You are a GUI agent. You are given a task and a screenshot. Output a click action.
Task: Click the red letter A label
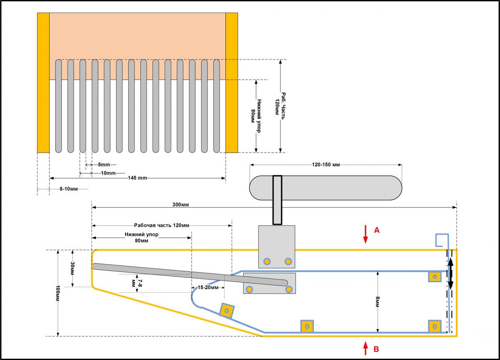[x=377, y=230]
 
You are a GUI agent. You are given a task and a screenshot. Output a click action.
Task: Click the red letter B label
[x=377, y=349]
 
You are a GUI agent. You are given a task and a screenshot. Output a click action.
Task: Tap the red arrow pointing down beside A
[x=365, y=234]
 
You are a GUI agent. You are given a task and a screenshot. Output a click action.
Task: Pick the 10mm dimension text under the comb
[x=108, y=172]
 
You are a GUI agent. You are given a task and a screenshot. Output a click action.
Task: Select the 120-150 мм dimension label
[x=326, y=165]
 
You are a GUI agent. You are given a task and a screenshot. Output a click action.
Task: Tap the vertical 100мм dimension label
[x=58, y=293]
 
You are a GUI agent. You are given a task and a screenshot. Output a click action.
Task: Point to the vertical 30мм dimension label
[x=72, y=268]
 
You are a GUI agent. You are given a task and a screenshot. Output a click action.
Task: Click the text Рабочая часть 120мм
[x=162, y=224]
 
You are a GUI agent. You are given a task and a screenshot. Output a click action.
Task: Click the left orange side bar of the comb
[x=43, y=82]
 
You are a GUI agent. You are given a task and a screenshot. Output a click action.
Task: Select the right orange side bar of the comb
[x=232, y=82]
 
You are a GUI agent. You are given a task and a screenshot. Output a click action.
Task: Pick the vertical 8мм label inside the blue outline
[x=377, y=301]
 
